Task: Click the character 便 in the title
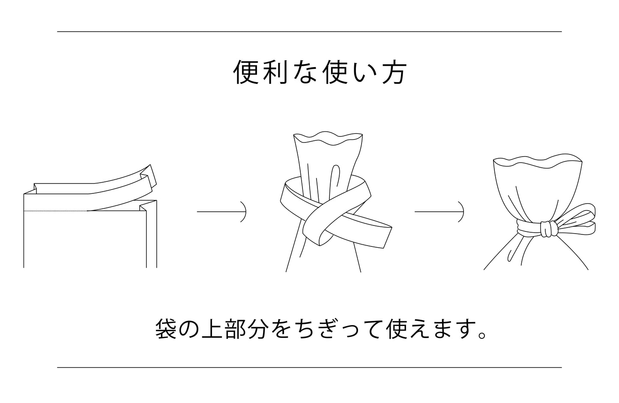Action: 246,73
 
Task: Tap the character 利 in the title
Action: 275,73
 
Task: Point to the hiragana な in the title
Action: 305,73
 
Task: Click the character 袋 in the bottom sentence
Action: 166,329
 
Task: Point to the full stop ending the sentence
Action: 481,335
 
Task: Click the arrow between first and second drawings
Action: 221,212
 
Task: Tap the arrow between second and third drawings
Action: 439,212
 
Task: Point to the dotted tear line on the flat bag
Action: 55,211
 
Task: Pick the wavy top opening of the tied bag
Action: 538,160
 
